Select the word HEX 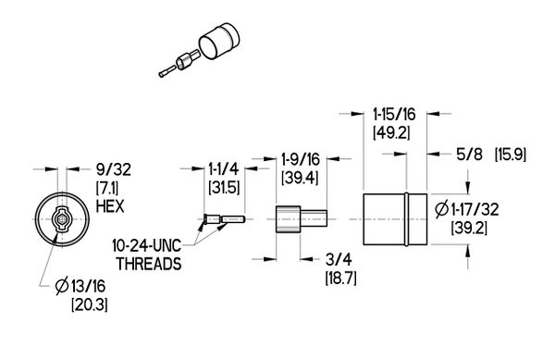110,205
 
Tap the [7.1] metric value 109,188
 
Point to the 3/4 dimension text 337,262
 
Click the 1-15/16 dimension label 392,115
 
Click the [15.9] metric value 512,151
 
